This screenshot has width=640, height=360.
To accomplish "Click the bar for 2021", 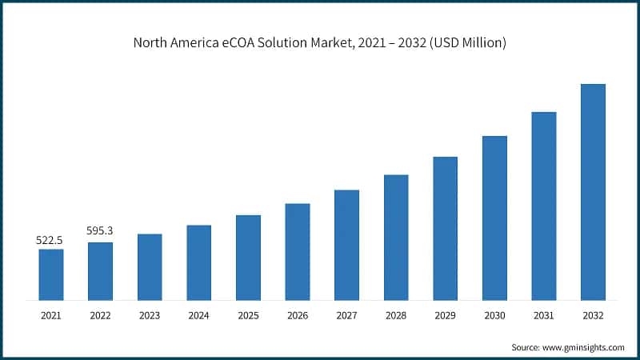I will (x=51, y=274).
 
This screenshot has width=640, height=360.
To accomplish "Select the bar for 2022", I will (x=100, y=271).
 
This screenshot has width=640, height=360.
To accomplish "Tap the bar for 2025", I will (x=248, y=258).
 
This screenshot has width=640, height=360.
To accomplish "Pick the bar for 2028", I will (x=396, y=238).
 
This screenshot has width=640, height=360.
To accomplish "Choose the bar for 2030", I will (x=494, y=218).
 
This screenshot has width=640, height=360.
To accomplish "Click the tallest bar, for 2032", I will (x=593, y=192).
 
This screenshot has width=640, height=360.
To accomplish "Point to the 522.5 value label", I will (x=50, y=239).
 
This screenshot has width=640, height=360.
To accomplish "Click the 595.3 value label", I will (x=99, y=231).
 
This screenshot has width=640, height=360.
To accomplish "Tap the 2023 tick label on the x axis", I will (x=150, y=316).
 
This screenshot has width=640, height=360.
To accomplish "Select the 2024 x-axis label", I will (x=198, y=316).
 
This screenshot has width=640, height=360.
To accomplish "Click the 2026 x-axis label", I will (x=298, y=316).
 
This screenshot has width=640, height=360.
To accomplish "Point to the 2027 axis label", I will (x=346, y=316).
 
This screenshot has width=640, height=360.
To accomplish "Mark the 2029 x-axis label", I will (x=445, y=316).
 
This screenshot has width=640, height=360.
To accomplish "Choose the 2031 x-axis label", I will (x=543, y=316).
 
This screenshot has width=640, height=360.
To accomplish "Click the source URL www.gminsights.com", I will (x=585, y=347).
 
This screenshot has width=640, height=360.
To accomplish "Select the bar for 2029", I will (x=446, y=229).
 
